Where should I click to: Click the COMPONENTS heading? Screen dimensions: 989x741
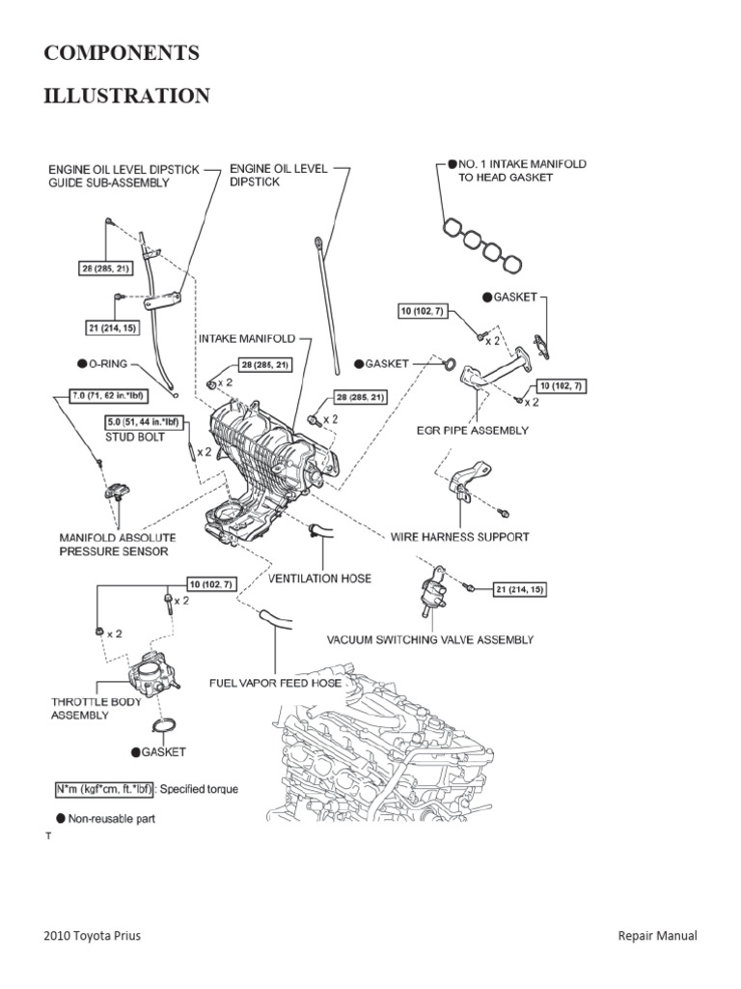[122, 54]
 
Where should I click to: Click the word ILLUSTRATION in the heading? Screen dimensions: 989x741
[126, 96]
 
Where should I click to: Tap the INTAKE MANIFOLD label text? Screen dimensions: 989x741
[247, 339]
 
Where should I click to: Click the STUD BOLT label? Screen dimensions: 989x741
[136, 437]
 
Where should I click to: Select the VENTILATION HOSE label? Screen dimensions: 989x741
[319, 578]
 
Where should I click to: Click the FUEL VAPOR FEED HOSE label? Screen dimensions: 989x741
[276, 683]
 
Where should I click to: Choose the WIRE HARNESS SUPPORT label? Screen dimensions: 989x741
[459, 536]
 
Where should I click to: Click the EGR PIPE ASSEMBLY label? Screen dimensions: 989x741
[475, 430]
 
